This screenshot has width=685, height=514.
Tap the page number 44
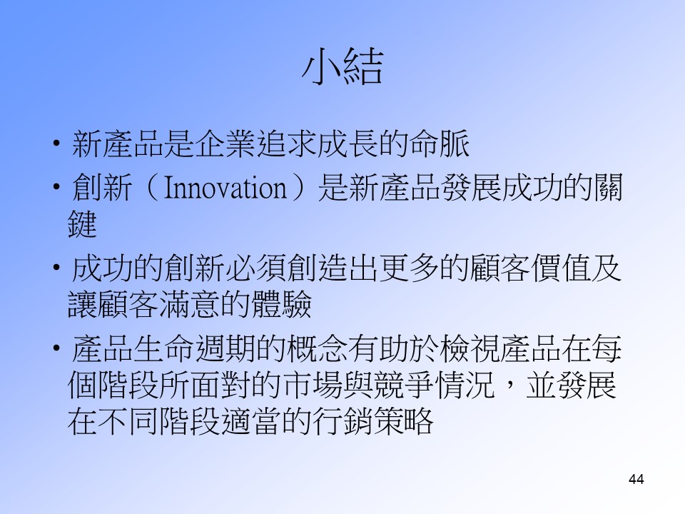click(x=636, y=479)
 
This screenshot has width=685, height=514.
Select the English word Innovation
click(x=225, y=188)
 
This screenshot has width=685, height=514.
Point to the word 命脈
click(x=440, y=143)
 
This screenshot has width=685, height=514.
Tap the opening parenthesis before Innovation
click(x=151, y=188)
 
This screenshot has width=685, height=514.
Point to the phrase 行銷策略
click(x=373, y=421)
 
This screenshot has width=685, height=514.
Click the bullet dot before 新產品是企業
click(x=56, y=143)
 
